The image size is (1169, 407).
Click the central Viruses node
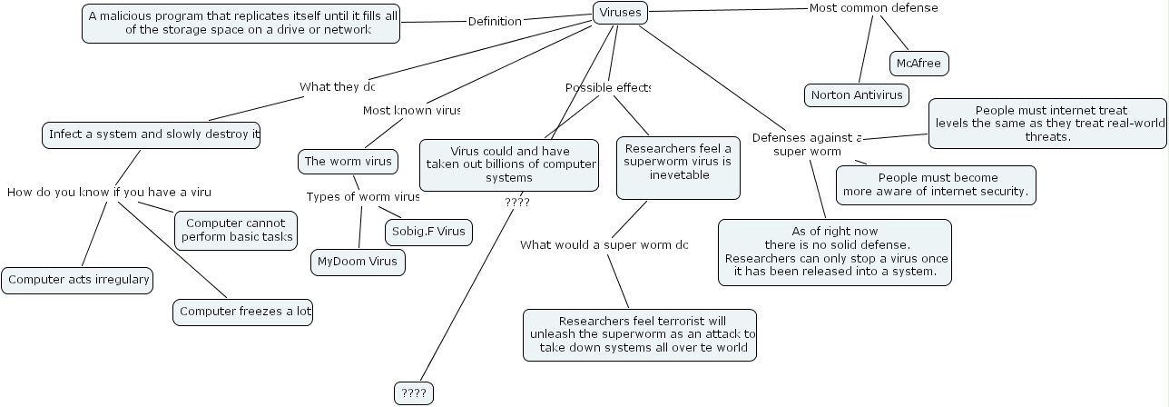pyautogui.click(x=621, y=13)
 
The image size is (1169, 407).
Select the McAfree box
pyautogui.click(x=918, y=64)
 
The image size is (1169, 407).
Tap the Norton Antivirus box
pyautogui.click(x=857, y=94)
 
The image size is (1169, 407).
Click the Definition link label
pyautogui.click(x=495, y=21)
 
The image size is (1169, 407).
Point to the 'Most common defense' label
pyautogui.click(x=872, y=8)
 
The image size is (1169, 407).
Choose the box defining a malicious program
pyautogui.click(x=241, y=23)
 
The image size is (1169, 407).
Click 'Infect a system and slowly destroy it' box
pyautogui.click(x=152, y=134)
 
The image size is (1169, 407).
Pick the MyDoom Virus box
pyautogui.click(x=358, y=263)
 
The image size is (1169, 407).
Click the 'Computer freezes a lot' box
pyautogui.click(x=245, y=312)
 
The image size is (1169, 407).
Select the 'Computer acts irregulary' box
pyautogui.click(x=77, y=280)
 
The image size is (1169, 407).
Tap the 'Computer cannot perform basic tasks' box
pyautogui.click(x=235, y=231)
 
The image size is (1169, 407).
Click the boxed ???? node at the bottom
pyautogui.click(x=414, y=393)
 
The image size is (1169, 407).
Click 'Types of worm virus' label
pyautogui.click(x=363, y=196)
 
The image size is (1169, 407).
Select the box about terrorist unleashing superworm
pyautogui.click(x=640, y=334)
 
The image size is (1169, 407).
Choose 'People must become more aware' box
pyautogui.click(x=936, y=184)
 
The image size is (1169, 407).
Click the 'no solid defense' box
pyautogui.click(x=835, y=252)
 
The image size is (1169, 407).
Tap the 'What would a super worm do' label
pyautogui.click(x=604, y=244)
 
